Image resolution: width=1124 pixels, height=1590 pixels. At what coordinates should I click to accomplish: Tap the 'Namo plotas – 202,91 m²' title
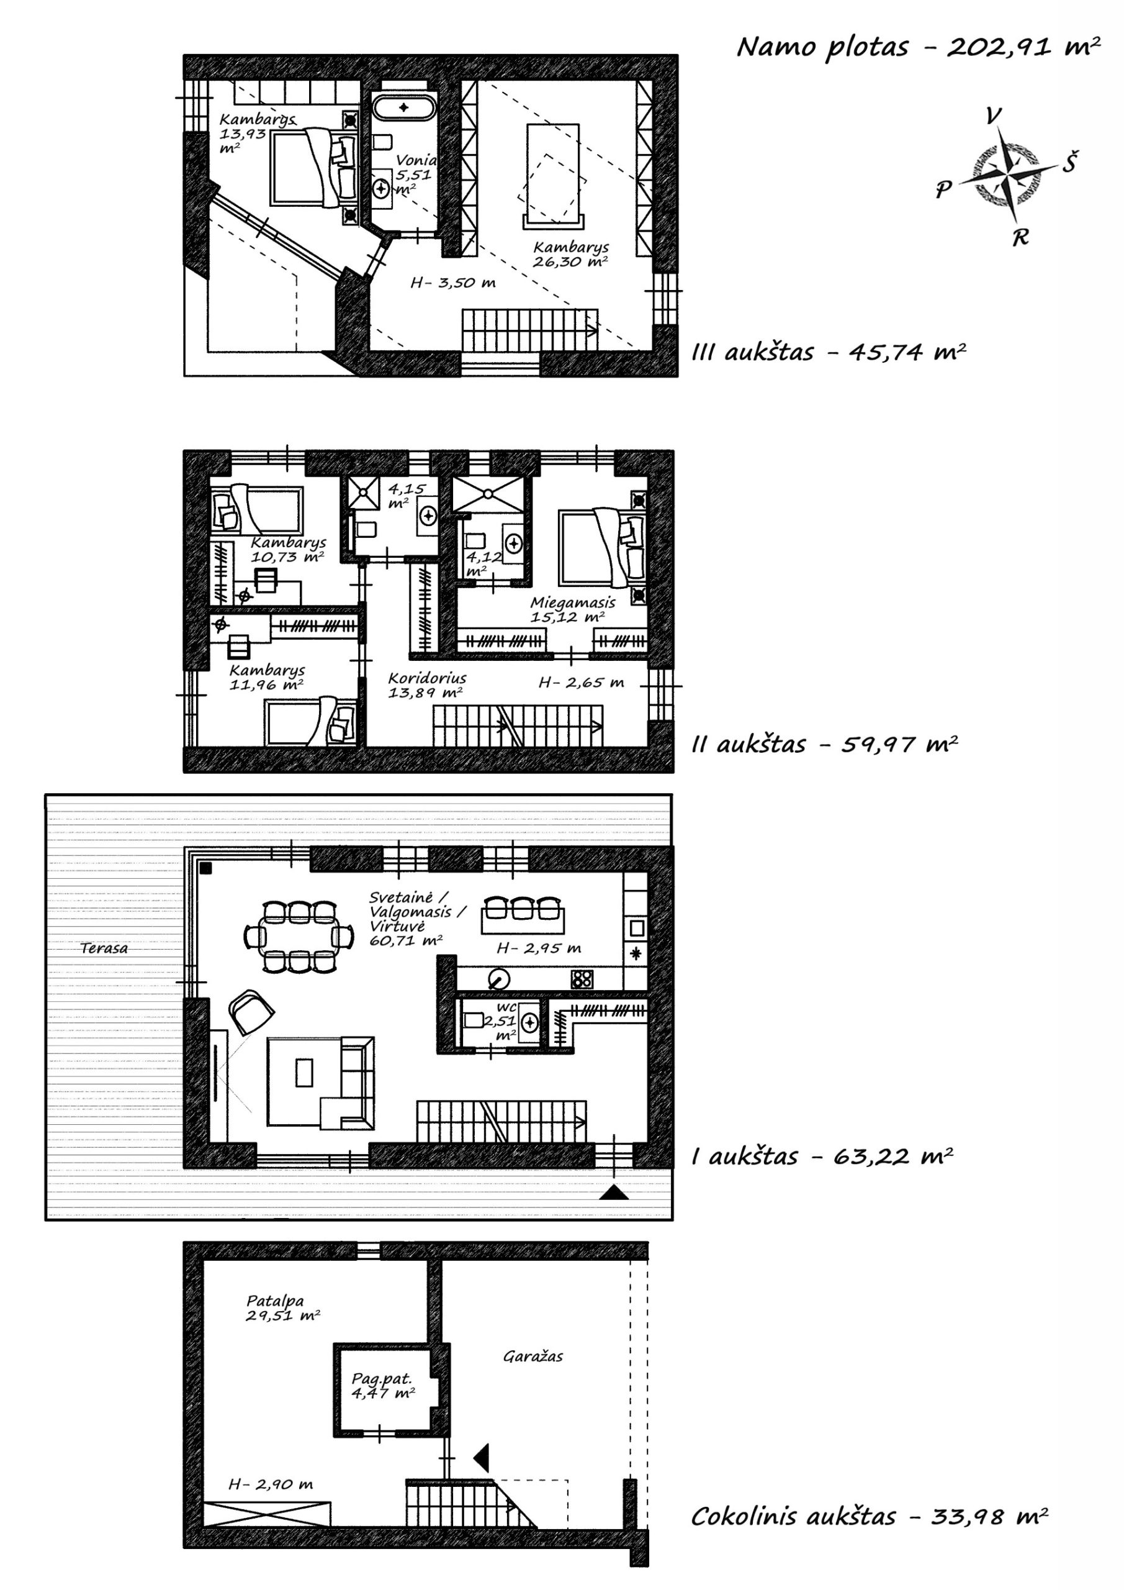point(919,47)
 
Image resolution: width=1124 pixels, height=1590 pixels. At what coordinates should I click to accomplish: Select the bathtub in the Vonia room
point(403,107)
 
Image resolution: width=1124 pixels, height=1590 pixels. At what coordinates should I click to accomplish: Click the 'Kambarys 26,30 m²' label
point(571,254)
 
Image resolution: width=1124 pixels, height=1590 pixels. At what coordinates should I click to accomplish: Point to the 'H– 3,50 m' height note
point(452,283)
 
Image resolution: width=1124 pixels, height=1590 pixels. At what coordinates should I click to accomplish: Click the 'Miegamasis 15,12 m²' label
point(572,609)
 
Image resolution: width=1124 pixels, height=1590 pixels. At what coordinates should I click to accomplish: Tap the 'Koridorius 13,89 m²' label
point(426,684)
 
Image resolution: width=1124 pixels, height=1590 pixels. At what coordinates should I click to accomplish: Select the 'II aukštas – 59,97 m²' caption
point(825,745)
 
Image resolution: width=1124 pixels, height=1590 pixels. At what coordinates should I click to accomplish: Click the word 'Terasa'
point(104,948)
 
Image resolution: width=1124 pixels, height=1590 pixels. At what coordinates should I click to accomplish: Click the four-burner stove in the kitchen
point(582,978)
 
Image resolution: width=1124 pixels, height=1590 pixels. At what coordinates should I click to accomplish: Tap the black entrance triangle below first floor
point(614,1192)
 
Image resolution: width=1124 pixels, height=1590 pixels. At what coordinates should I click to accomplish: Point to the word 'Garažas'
point(533,1356)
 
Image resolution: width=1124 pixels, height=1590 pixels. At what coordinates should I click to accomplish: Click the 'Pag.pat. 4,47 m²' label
point(383,1386)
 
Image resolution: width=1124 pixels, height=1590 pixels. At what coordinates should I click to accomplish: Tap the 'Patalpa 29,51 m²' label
point(282,1308)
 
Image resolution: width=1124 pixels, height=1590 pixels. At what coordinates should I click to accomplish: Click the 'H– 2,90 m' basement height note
point(271,1484)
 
